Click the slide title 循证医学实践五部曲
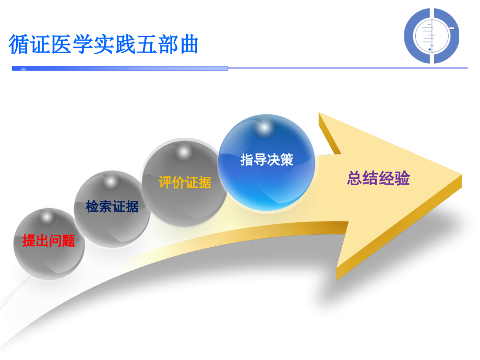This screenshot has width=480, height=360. (103, 44)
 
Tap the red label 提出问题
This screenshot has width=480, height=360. (49, 241)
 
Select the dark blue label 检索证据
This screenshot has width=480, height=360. (112, 207)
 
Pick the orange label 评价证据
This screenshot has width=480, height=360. (185, 183)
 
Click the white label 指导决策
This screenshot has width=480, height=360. (267, 160)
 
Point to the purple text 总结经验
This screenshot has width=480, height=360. (378, 178)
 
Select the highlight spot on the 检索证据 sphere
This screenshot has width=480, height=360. (111, 181)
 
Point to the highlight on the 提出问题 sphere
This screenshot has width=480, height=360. (47, 215)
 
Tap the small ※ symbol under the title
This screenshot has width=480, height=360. (23, 69)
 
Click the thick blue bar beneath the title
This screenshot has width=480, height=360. (120, 68)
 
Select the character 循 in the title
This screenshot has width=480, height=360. (18, 44)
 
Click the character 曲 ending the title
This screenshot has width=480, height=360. (189, 44)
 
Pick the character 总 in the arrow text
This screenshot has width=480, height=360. (355, 178)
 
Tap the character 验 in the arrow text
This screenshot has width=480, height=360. (402, 178)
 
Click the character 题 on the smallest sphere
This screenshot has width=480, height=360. (68, 241)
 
